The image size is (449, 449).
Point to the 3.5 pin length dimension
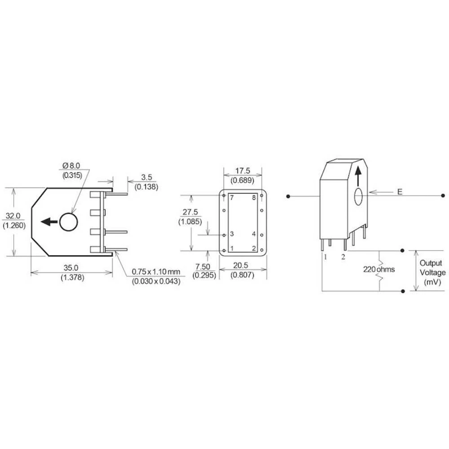click(146, 178)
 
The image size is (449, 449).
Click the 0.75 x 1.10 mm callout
click(155, 272)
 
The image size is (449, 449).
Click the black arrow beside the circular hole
click(48, 221)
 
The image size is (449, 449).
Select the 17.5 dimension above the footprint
click(242, 171)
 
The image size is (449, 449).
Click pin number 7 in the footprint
click(232, 198)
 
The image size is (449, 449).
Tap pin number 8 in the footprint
click(254, 198)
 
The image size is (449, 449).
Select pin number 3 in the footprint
click(232, 234)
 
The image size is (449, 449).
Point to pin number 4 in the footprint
click(254, 234)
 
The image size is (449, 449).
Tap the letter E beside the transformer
click(400, 192)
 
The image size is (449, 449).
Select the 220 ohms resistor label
click(379, 270)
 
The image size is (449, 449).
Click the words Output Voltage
click(432, 268)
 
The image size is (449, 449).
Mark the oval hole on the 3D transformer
click(359, 197)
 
